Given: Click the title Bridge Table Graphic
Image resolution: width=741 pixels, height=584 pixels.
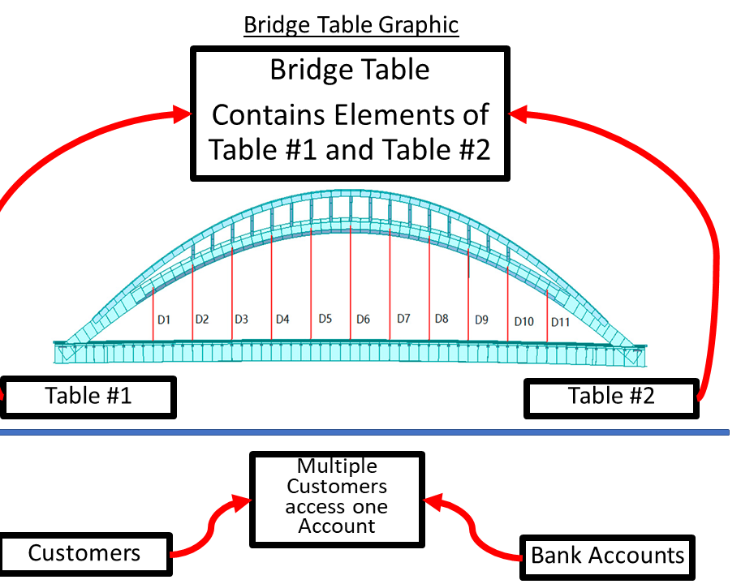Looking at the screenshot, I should [x=351, y=24].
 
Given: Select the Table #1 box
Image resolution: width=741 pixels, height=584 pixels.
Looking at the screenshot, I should [x=88, y=397].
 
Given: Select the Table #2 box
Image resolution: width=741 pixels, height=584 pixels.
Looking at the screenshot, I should [x=611, y=397].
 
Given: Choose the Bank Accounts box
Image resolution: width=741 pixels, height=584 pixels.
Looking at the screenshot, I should [x=608, y=556].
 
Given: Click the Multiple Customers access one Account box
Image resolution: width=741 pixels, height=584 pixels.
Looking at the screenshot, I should [x=337, y=496].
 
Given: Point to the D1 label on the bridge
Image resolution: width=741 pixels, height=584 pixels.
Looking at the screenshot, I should [x=164, y=320].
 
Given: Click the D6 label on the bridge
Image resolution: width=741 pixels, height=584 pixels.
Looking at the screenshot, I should [x=363, y=320].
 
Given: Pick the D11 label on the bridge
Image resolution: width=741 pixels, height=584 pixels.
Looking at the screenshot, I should [x=561, y=322].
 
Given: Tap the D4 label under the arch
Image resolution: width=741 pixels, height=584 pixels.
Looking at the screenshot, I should [x=282, y=320].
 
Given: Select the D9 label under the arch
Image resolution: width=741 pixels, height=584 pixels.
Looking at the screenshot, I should [x=481, y=320].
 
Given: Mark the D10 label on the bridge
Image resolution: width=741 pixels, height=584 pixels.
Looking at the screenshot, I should [x=523, y=322].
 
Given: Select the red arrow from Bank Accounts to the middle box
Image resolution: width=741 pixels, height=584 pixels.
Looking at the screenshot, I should [x=475, y=527].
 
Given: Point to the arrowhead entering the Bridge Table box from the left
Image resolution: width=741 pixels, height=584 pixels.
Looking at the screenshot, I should [x=180, y=115].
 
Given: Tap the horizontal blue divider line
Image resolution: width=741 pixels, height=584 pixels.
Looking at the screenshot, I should [x=365, y=433].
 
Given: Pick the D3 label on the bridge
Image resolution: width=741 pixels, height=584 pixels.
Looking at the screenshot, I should [x=241, y=320].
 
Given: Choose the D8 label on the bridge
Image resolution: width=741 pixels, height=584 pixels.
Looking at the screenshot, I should [x=442, y=319].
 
